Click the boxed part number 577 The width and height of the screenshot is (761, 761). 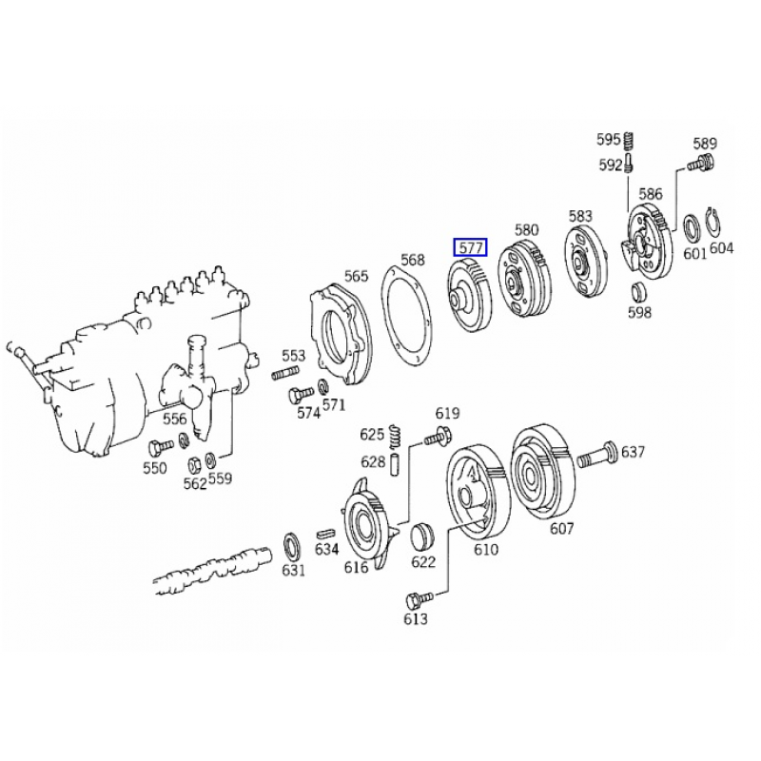pyautogui.click(x=470, y=248)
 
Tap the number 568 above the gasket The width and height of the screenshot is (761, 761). pyautogui.click(x=413, y=260)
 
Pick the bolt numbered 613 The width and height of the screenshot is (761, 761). pyautogui.click(x=420, y=599)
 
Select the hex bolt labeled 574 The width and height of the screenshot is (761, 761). pyautogui.click(x=301, y=395)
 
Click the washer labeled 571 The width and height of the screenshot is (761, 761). pyautogui.click(x=323, y=387)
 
